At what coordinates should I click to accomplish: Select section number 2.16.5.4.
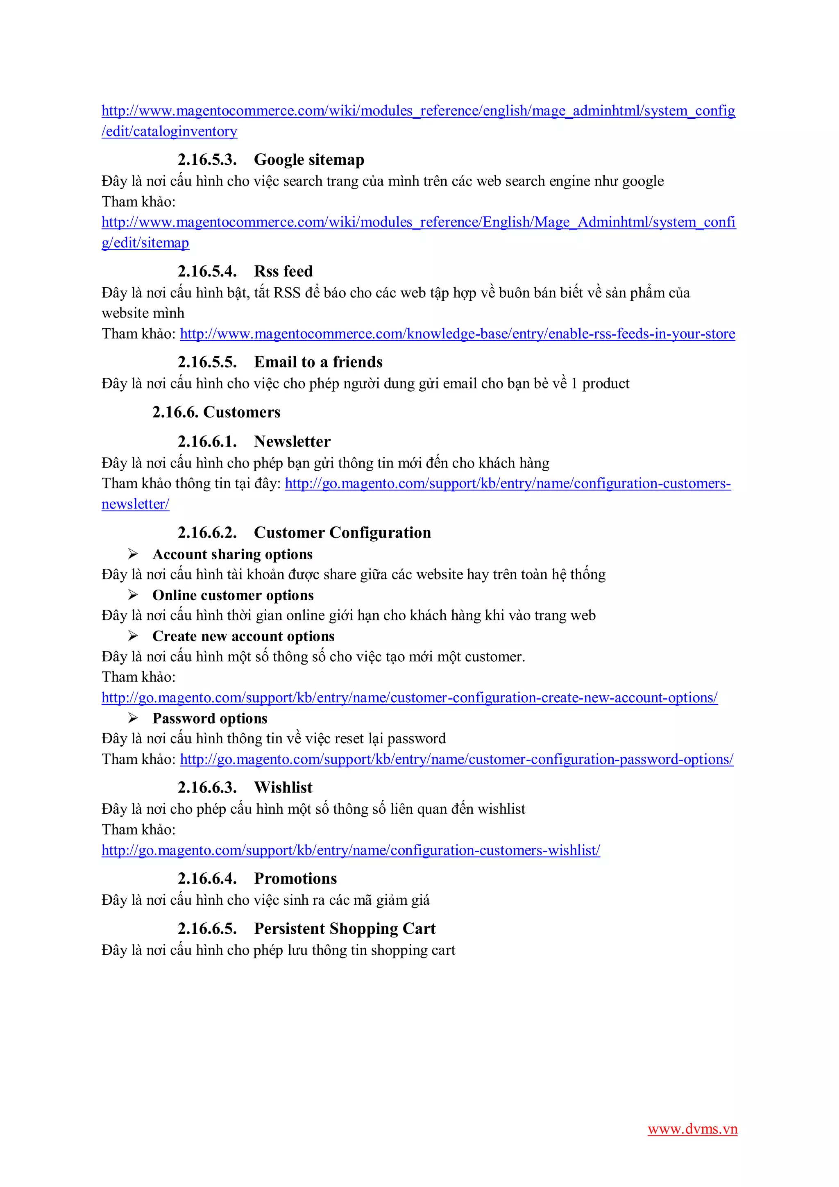tap(207, 271)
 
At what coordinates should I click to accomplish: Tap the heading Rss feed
tap(283, 271)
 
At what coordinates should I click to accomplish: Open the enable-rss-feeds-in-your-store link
tap(457, 334)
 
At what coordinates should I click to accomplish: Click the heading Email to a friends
tap(318, 362)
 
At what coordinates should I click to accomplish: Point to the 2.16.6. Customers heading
tap(216, 412)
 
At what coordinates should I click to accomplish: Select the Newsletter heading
tap(292, 442)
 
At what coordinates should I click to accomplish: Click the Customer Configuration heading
tap(342, 533)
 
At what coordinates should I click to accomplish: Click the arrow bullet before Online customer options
tap(133, 595)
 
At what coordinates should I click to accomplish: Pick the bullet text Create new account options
tap(243, 636)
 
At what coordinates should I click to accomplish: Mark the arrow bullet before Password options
tap(133, 718)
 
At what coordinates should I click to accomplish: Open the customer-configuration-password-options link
tap(456, 760)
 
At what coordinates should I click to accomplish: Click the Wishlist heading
tap(283, 788)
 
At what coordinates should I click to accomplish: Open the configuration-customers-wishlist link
tap(351, 851)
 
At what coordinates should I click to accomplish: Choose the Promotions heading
tap(295, 879)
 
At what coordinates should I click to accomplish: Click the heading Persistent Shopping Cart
tap(345, 928)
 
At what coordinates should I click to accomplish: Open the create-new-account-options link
tap(409, 698)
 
